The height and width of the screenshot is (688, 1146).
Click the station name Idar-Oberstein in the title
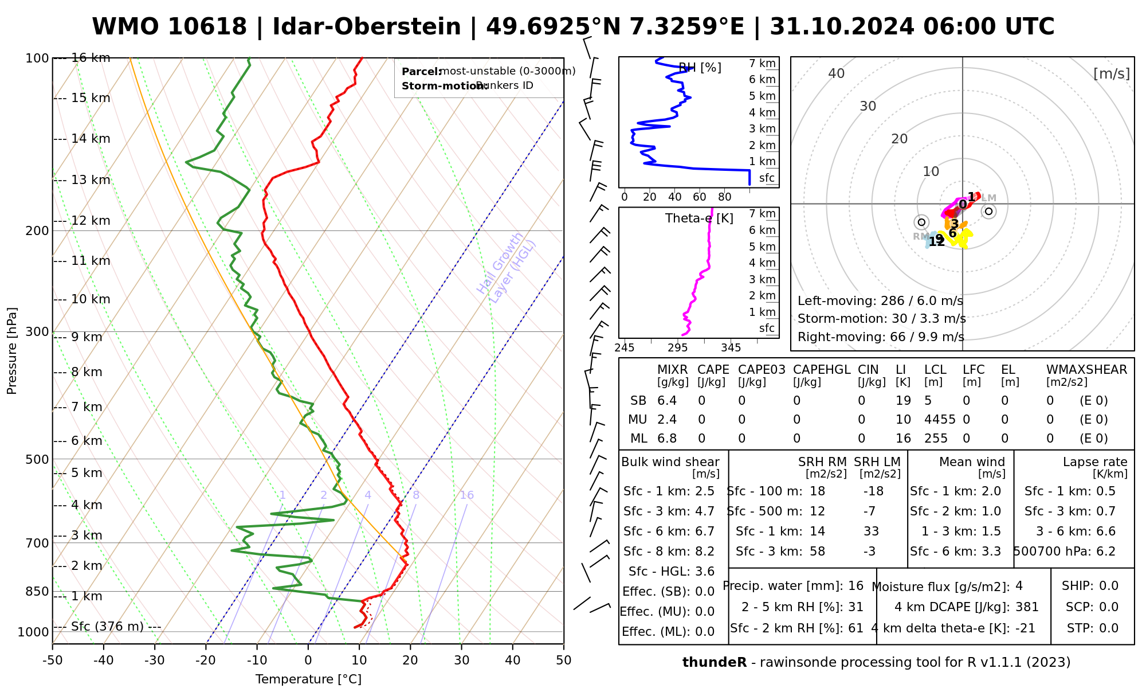tap(366, 27)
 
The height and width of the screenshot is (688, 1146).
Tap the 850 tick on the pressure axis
tap(38, 591)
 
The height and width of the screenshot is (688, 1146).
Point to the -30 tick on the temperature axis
tap(155, 660)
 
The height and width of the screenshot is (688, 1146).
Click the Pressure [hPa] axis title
tap(12, 351)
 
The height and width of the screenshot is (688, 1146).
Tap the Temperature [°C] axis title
tap(308, 679)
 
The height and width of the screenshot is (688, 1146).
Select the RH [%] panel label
tap(700, 68)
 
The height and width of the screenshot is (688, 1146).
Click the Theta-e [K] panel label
tap(699, 218)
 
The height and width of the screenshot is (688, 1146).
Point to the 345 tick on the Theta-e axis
tap(731, 348)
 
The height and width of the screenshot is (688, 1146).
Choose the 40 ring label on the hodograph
tap(837, 73)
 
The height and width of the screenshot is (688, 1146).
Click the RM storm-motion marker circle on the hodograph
tap(921, 222)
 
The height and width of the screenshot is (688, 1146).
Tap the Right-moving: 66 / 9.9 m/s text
tap(881, 337)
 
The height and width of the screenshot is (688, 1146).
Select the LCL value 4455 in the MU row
tap(940, 420)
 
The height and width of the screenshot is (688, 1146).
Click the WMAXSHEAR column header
tap(1086, 370)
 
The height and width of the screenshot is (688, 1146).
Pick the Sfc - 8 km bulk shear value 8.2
tap(704, 552)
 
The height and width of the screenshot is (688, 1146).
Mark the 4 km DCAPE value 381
tap(1027, 607)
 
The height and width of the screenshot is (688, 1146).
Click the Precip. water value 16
tap(855, 586)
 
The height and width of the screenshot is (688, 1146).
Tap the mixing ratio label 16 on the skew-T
tap(467, 495)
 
